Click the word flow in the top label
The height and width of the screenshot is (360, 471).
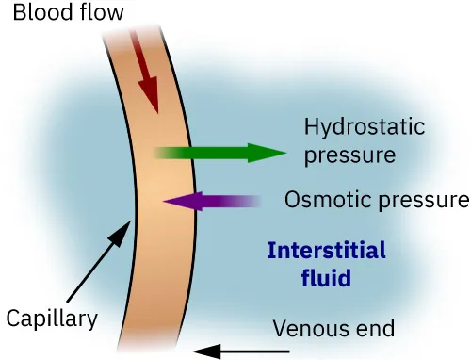pyautogui.click(x=98, y=12)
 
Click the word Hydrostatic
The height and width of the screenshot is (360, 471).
pyautogui.click(x=364, y=127)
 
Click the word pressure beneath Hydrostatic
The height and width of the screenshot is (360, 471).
pyautogui.click(x=349, y=154)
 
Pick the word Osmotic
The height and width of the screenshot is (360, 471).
pyautogui.click(x=323, y=201)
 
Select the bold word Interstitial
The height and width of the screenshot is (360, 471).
pyautogui.click(x=326, y=251)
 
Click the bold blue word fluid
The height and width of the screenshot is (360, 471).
pyautogui.click(x=326, y=278)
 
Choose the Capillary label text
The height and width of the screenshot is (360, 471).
pyautogui.click(x=52, y=319)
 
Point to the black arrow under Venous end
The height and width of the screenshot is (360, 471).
pyautogui.click(x=232, y=352)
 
